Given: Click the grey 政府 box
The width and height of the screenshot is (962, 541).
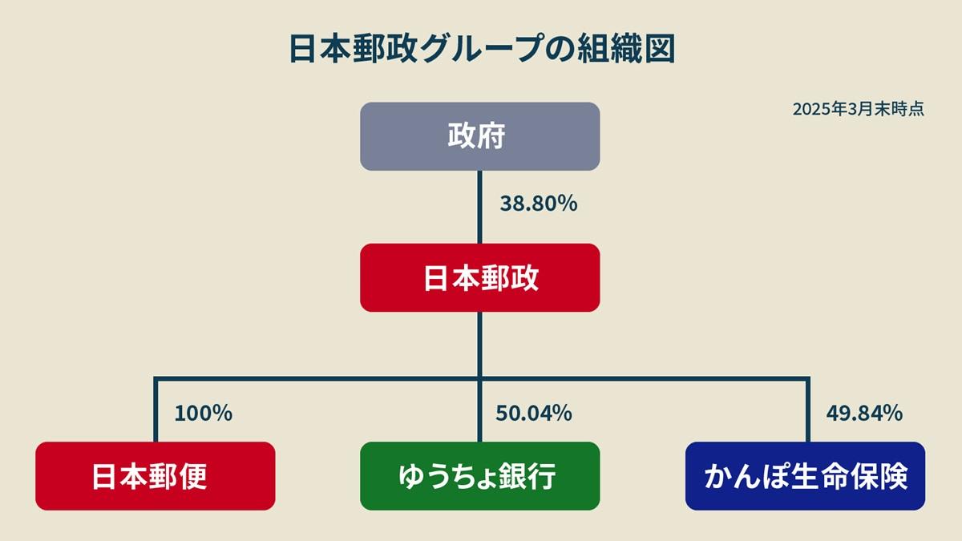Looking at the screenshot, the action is coord(479,136).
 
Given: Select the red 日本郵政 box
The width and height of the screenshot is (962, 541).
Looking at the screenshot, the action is coord(479,278).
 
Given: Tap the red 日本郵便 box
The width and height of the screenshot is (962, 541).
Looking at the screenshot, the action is coord(155,476).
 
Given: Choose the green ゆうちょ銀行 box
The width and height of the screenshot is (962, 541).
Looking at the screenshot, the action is coord(479,476).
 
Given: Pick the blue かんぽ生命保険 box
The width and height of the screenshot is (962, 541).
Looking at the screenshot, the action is coord(805,476).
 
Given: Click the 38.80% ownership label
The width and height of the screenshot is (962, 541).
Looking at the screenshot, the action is coord(539,204).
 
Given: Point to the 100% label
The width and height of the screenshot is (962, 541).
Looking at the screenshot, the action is coord(204,413).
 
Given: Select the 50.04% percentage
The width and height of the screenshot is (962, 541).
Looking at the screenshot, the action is coord(534,413).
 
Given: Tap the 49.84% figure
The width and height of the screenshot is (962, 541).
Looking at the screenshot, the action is coord(864,413).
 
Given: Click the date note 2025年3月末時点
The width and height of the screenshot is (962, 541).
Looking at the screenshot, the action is coord(859,109).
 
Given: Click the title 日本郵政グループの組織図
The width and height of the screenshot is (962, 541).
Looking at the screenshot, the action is coord(483,49).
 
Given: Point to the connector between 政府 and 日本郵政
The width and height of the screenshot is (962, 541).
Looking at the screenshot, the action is coord(479,207).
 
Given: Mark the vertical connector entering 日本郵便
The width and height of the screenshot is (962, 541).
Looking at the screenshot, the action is coord(156,410).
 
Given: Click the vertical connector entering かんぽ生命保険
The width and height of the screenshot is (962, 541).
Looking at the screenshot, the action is coord(808,410).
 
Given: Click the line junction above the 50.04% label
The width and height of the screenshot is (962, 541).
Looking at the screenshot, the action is coord(479,378).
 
